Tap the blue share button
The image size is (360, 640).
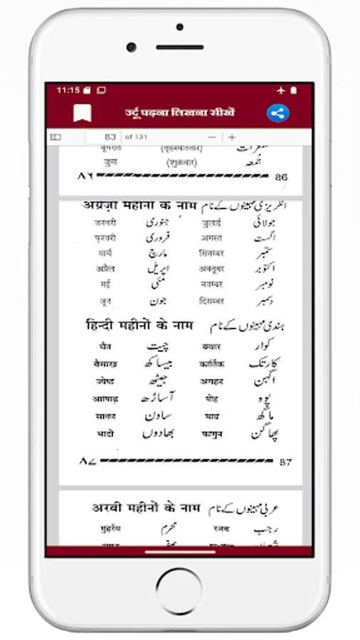(277, 113)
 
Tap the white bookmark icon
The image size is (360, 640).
(83, 113)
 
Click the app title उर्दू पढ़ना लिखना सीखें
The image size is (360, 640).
(179, 113)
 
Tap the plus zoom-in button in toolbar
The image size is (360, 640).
(231, 137)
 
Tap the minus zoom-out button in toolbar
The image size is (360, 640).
(211, 137)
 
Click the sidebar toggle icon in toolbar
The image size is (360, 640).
(56, 137)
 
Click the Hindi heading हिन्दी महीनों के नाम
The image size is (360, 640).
(138, 325)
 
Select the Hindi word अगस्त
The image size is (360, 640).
(212, 238)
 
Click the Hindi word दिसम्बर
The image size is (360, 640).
(212, 300)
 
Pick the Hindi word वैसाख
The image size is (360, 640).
(105, 363)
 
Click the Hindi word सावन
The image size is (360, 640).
(105, 415)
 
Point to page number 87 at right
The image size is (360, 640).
(285, 462)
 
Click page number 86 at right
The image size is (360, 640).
(281, 176)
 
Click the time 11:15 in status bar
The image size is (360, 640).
(68, 90)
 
